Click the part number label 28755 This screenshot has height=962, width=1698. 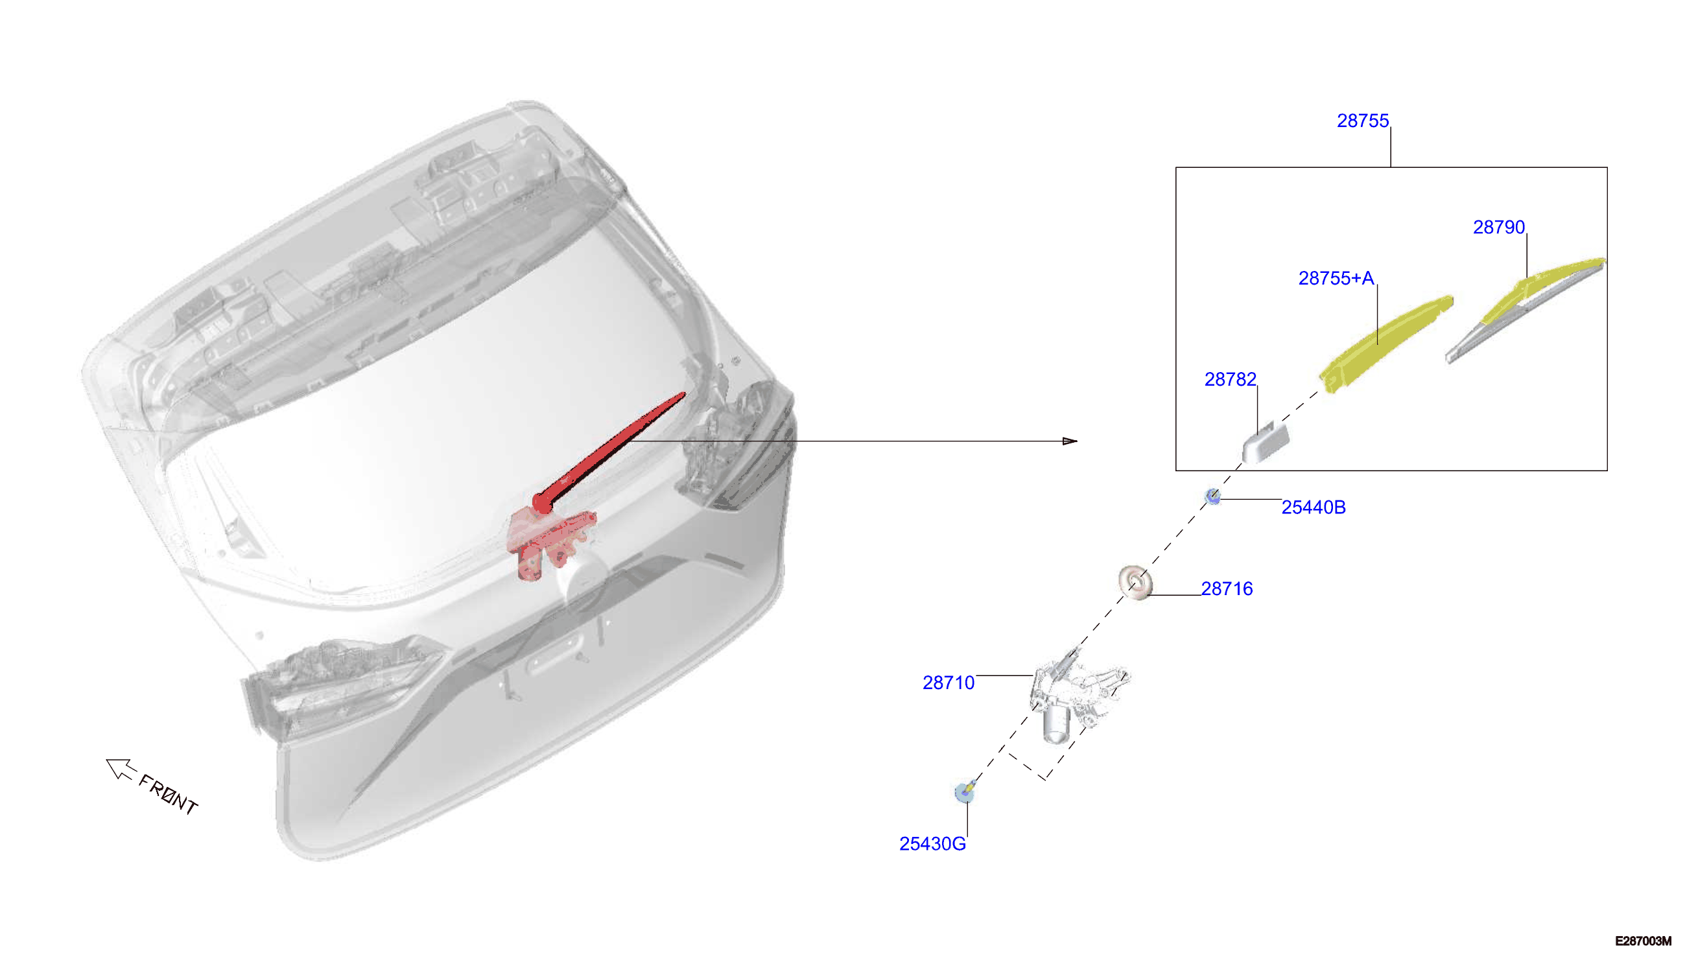[1362, 121]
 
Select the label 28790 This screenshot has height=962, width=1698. [1498, 228]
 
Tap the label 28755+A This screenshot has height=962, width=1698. [1336, 278]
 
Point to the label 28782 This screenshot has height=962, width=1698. [1231, 379]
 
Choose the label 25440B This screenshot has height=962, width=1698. [1314, 508]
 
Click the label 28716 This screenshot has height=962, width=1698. [1227, 589]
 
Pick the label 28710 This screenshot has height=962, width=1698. [949, 683]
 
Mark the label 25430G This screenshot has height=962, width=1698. [932, 844]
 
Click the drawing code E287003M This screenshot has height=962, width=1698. [1643, 941]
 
